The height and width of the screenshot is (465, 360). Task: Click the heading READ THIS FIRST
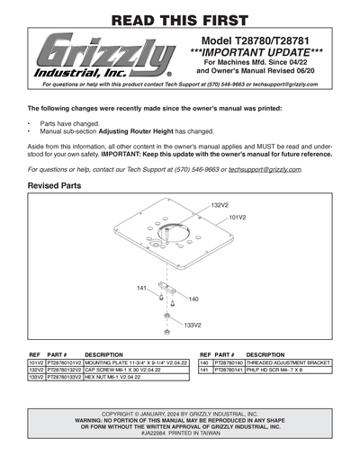click(180, 20)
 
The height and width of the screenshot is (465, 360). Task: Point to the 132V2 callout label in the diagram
click(220, 206)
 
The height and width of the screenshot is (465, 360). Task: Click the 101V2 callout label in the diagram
click(238, 217)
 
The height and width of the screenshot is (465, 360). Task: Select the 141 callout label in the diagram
click(142, 288)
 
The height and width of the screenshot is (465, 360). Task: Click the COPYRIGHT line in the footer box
click(180, 414)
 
